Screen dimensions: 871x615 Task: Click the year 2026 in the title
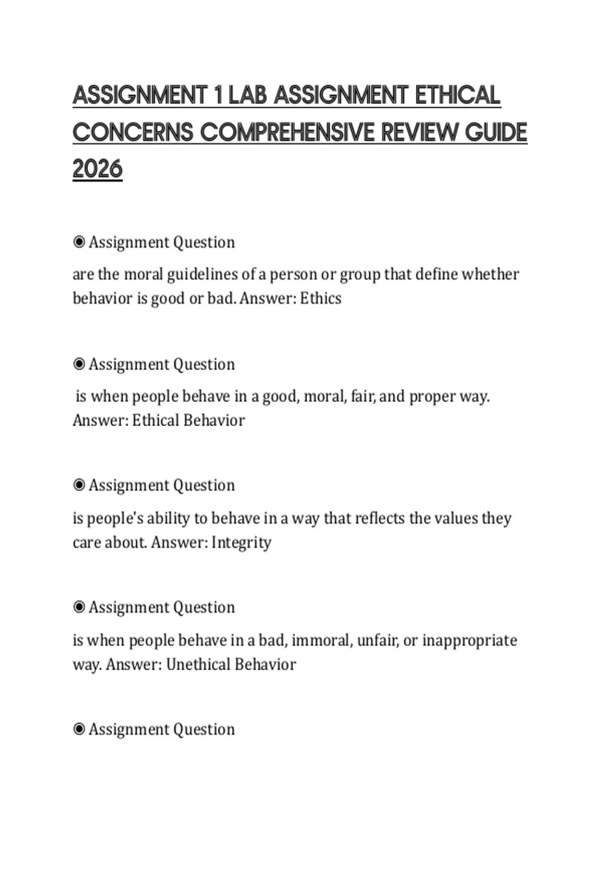[97, 169]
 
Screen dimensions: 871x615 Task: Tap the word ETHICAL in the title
[458, 95]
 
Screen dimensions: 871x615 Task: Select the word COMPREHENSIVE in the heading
[288, 132]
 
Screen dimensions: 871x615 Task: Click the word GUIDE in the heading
[496, 132]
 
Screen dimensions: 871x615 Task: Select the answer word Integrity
[241, 543]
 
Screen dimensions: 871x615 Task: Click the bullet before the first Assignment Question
[79, 242]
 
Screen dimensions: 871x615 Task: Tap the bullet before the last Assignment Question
[79, 729]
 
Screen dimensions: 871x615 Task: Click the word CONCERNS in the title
[133, 132]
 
